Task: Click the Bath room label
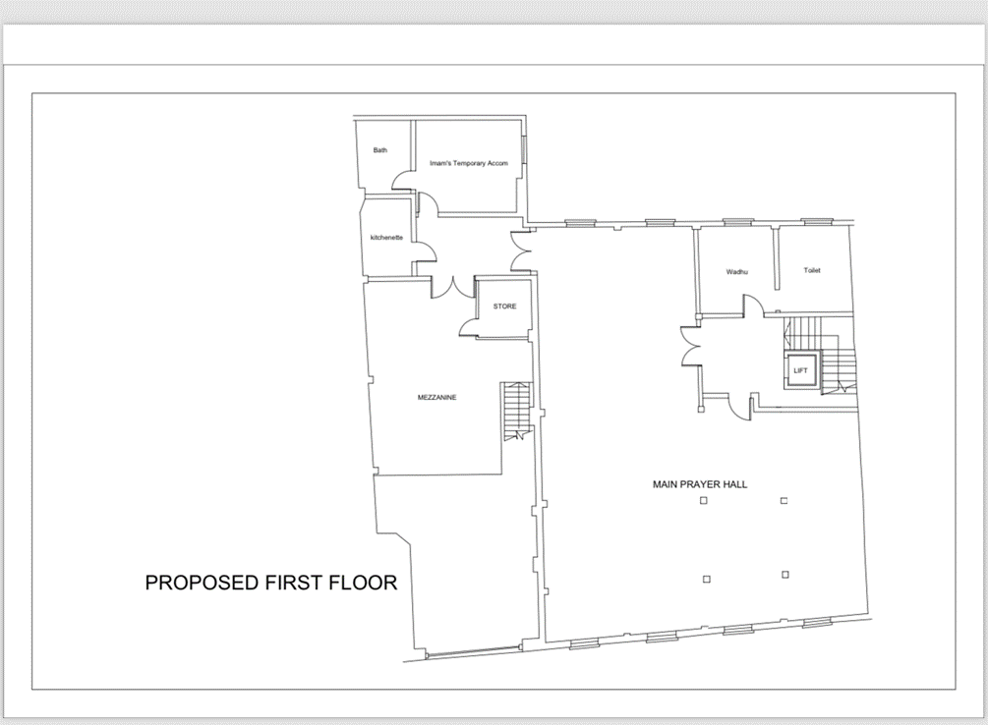coord(379,150)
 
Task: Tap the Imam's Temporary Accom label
coord(469,163)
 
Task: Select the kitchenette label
coord(386,238)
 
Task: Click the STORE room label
coord(504,307)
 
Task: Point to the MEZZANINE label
coord(436,398)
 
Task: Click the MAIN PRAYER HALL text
coord(700,484)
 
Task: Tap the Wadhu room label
coord(736,272)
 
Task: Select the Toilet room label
coord(812,270)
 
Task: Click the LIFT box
coord(801,370)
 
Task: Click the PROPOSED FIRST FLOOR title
coord(271,583)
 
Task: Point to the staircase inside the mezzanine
coord(517,411)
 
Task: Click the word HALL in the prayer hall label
coord(735,484)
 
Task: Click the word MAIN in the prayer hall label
coord(665,484)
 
